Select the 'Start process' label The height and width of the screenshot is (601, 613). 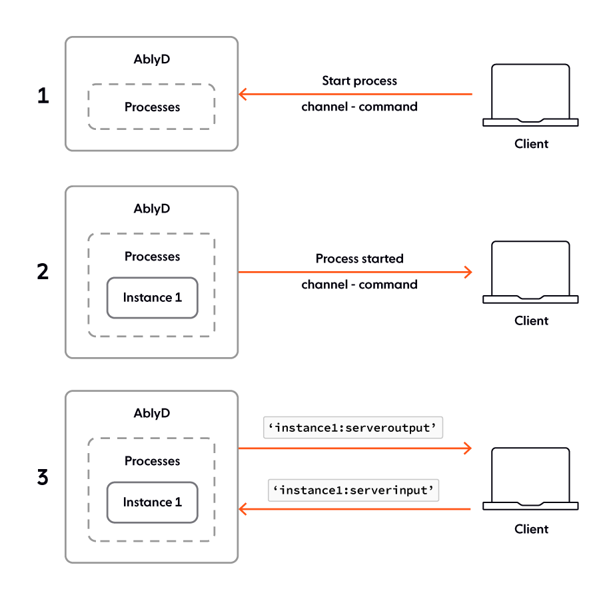359,81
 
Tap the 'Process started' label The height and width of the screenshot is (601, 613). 359,259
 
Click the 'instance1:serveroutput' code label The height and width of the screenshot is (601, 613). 353,428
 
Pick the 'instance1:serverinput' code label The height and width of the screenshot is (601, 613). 353,491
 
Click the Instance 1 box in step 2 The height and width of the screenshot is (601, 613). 152,298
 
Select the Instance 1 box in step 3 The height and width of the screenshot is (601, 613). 152,502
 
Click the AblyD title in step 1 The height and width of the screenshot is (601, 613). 152,59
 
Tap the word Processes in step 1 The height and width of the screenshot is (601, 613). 152,107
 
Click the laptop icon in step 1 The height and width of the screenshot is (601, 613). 530,95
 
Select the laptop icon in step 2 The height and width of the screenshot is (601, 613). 530,272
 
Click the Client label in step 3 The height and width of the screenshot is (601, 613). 531,529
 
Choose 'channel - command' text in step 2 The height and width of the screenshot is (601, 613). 359,285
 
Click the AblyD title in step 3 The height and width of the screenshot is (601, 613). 152,413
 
